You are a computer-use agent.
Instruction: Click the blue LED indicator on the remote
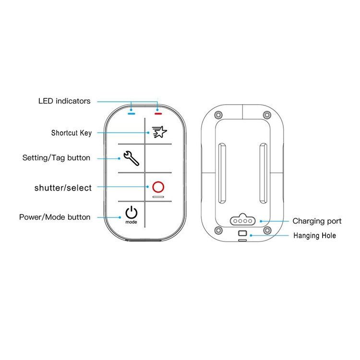[132, 114]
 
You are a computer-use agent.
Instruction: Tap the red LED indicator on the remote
[158, 114]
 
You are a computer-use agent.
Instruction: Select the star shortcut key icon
[159, 132]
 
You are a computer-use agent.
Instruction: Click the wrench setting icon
[132, 158]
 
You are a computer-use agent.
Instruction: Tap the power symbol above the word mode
[132, 213]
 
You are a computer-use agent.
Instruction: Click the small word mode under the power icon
[132, 222]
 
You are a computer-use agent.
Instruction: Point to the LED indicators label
[64, 101]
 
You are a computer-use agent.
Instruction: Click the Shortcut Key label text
[72, 133]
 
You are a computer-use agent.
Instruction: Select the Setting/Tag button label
[56, 158]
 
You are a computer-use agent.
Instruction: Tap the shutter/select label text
[63, 188]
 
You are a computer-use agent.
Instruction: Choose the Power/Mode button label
[55, 217]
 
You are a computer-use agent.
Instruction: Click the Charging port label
[317, 221]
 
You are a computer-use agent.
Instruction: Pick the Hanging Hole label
[314, 236]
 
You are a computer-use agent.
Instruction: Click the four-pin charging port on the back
[243, 220]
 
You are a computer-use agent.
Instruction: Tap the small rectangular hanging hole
[243, 233]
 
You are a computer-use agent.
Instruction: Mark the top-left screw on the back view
[218, 114]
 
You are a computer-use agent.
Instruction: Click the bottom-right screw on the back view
[267, 230]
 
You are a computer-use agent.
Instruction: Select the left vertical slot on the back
[222, 173]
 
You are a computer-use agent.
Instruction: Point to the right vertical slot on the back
[264, 173]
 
